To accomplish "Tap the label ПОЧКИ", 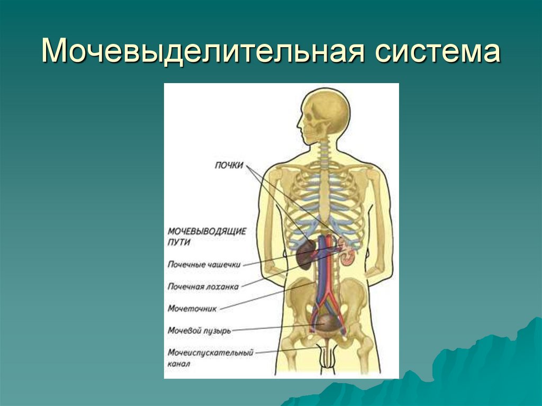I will (229, 165).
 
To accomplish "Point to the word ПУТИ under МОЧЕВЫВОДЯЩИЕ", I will (179, 242).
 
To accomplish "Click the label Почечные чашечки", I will (204, 264).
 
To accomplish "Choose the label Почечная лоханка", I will (203, 286).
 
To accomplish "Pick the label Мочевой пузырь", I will (198, 330).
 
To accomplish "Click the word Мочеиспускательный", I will (210, 353).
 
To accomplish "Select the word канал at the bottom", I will (178, 364).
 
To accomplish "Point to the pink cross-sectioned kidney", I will (347, 256).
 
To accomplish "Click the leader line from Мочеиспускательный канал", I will (286, 349).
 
